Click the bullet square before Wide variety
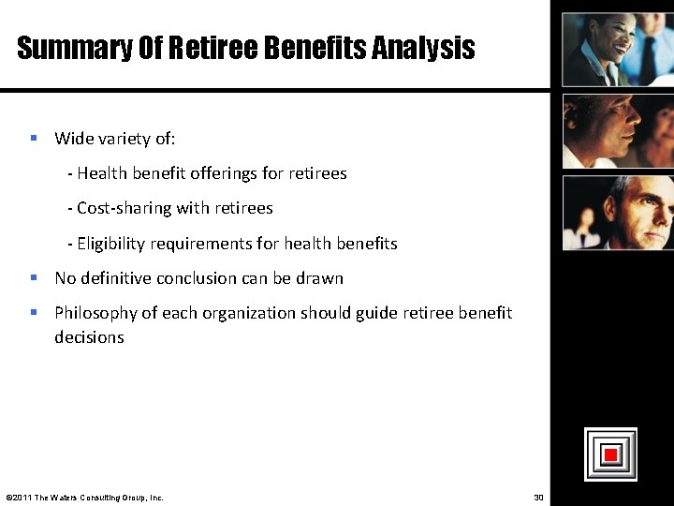(33, 138)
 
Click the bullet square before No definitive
(33, 277)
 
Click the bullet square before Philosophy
(33, 312)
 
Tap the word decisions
(89, 337)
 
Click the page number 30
(538, 497)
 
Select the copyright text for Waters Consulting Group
(84, 497)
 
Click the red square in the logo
(610, 454)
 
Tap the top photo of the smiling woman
(617, 49)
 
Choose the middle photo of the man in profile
(617, 130)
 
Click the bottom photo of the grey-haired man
(617, 213)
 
